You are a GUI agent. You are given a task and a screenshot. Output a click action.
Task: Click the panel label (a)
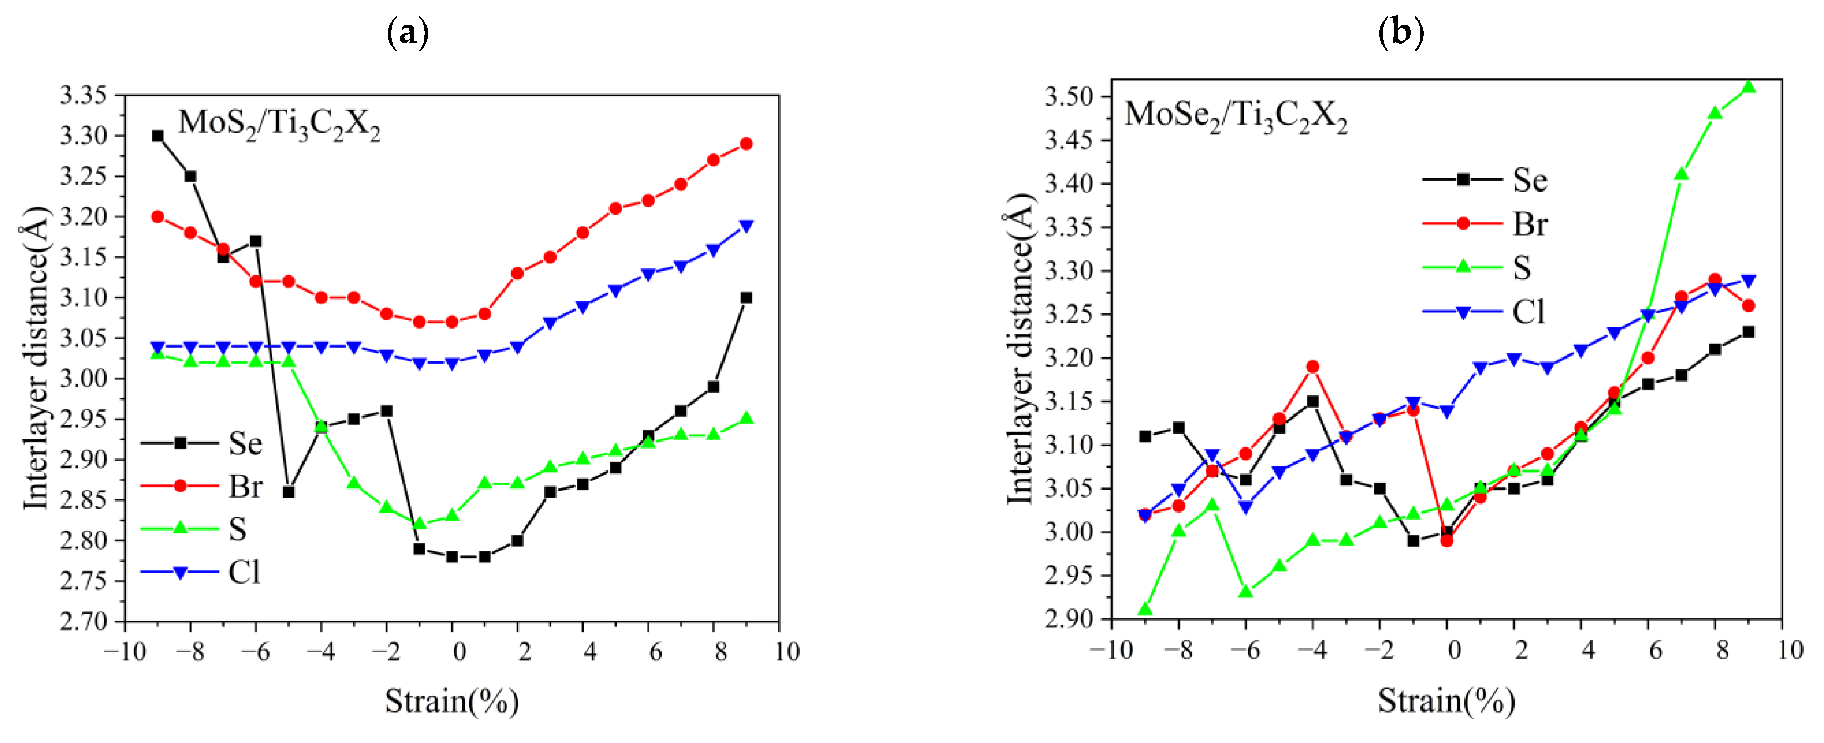408,33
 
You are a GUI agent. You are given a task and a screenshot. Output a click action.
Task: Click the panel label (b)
1400,33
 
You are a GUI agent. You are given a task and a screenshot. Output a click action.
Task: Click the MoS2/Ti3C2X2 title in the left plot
279,125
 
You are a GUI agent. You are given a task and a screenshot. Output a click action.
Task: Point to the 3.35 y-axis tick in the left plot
83,95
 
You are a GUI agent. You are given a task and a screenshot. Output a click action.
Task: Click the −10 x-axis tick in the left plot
125,651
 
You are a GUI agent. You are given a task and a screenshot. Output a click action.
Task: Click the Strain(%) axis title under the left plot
452,701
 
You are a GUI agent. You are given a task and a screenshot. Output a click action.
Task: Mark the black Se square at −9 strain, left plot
158,136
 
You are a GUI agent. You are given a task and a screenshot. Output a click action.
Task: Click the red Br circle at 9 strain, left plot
746,144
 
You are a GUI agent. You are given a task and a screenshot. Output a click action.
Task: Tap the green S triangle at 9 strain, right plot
1748,87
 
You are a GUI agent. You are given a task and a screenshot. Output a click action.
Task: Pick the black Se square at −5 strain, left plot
288,492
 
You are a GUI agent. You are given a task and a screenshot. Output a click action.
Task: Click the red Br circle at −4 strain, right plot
1312,367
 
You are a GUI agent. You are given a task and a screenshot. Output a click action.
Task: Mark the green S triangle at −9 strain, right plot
1145,609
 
